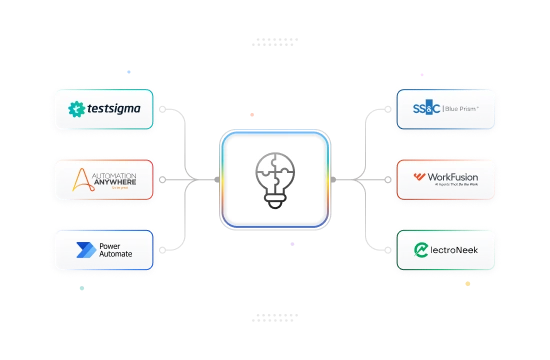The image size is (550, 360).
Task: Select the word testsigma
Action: [113, 108]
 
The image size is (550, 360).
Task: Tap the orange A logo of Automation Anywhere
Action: [86, 180]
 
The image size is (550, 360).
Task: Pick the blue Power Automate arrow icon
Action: [81, 248]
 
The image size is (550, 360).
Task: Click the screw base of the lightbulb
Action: [274, 201]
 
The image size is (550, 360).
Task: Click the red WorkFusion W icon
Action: [418, 179]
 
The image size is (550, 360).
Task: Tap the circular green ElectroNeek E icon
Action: [418, 248]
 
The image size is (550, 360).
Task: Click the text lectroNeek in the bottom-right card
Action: [455, 248]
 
